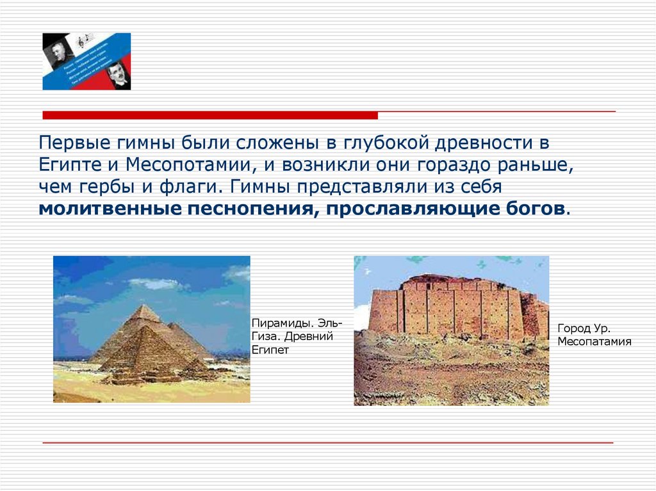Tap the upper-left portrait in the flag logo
56,50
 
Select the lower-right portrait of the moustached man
118,74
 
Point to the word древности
489,142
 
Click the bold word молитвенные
109,209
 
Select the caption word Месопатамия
594,341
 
